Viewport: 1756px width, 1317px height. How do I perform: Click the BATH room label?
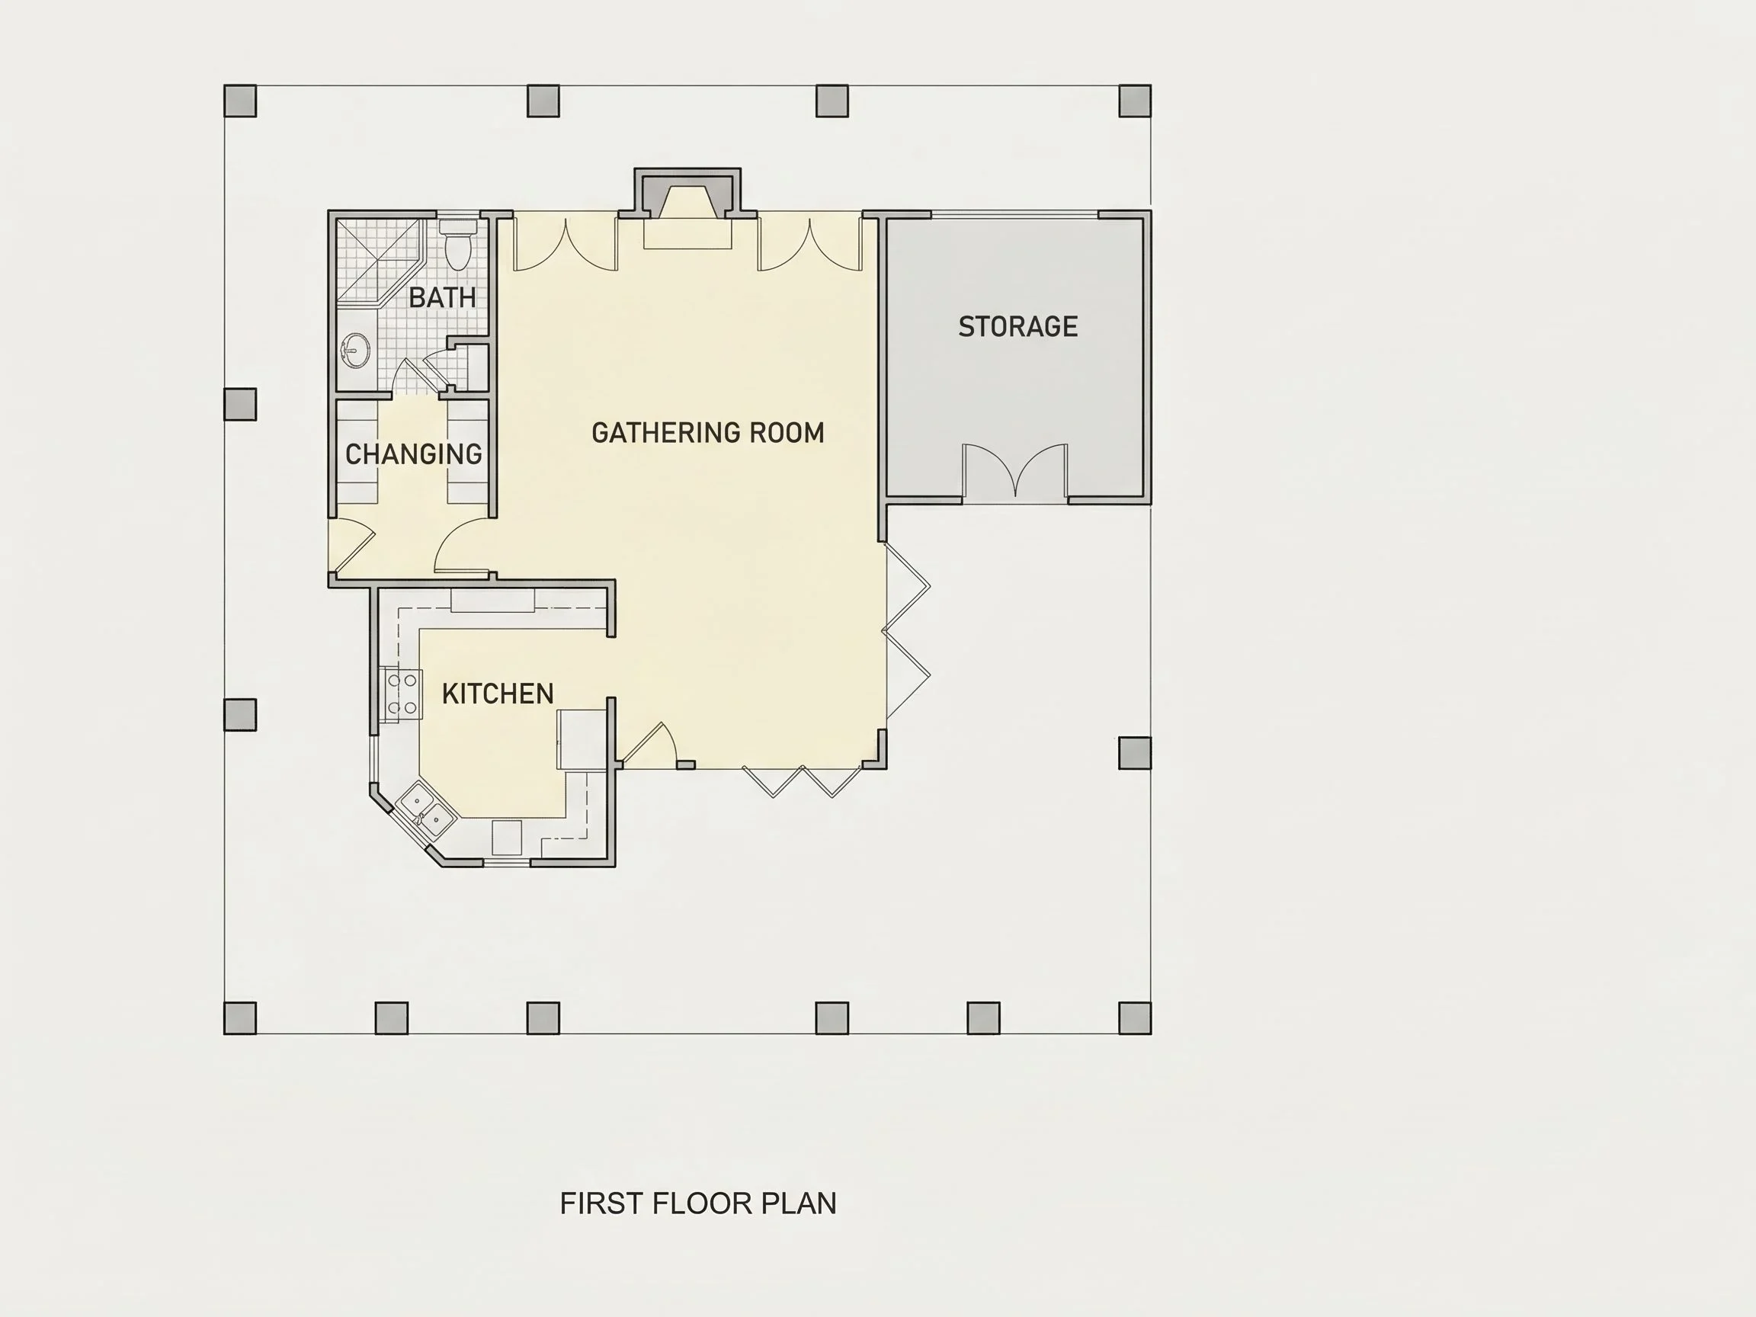coord(442,298)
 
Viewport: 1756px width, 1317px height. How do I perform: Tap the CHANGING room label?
coord(414,454)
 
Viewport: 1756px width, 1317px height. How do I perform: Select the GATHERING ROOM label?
coord(708,433)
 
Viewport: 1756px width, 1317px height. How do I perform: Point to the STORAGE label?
coord(1017,326)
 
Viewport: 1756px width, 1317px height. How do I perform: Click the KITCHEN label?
coord(498,694)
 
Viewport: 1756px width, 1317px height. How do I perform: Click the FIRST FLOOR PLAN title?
coord(698,1203)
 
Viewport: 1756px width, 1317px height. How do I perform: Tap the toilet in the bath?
coord(457,244)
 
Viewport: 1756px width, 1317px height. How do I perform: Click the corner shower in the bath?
coord(378,262)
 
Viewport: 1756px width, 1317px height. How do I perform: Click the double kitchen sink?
coord(425,809)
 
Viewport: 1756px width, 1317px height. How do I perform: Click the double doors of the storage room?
coord(1015,472)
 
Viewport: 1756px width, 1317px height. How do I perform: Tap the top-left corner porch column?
coord(241,101)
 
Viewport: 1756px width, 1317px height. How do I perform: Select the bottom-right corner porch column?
coord(1135,1017)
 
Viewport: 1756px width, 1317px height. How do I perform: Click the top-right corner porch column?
coord(1135,101)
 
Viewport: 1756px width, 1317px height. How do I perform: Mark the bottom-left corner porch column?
coord(241,1017)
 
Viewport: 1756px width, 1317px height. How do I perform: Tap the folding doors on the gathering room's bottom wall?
coord(803,781)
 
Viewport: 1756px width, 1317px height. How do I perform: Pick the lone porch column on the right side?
coord(1135,752)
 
